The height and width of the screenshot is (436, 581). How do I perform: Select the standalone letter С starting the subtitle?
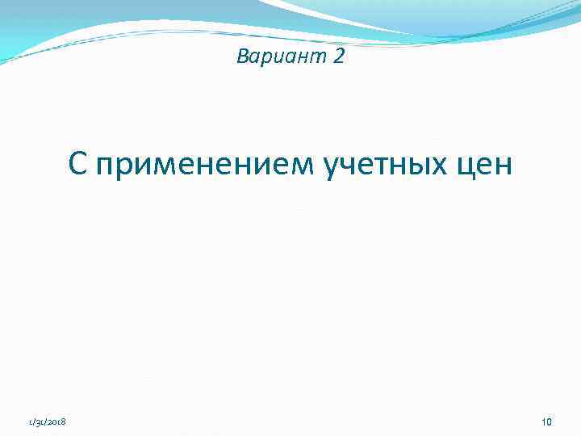[77, 164]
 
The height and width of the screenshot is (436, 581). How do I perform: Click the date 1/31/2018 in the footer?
[48, 421]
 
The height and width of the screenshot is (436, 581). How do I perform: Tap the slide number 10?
[546, 421]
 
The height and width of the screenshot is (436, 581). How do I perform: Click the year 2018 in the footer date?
[58, 421]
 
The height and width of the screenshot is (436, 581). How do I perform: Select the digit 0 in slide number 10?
[549, 421]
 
